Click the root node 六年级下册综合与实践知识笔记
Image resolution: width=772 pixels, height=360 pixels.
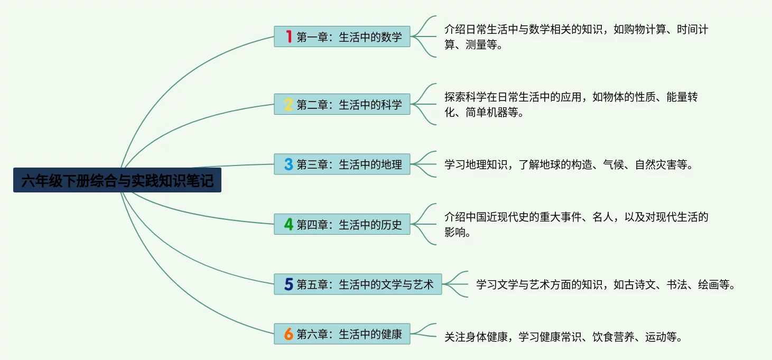[x=117, y=180]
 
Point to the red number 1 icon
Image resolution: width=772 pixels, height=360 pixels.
[x=289, y=36]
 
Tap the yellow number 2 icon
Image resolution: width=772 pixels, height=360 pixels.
[x=289, y=104]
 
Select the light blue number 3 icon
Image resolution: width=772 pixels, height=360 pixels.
[x=289, y=164]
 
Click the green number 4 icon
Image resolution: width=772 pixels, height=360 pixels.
[x=289, y=225]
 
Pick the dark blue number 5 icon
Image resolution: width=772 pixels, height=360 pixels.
[x=289, y=285]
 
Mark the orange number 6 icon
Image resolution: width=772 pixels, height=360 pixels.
[x=289, y=334]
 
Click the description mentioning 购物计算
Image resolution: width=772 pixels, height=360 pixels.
[x=576, y=37]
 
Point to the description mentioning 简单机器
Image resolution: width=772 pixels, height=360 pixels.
[x=571, y=105]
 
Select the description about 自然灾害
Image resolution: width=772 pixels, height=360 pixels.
[x=568, y=165]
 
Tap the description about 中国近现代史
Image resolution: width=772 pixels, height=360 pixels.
[x=576, y=225]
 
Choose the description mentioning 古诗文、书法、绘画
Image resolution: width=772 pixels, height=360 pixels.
[x=606, y=285]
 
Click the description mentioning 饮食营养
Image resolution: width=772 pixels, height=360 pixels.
[x=563, y=337]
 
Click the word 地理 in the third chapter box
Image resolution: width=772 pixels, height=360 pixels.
[x=392, y=164]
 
